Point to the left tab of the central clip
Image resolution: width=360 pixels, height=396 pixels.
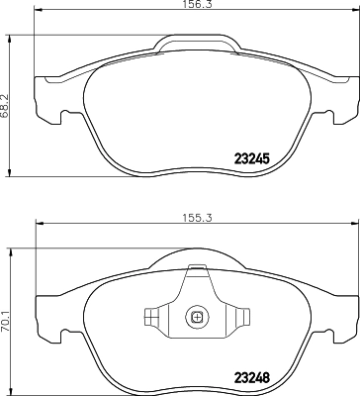151,318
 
